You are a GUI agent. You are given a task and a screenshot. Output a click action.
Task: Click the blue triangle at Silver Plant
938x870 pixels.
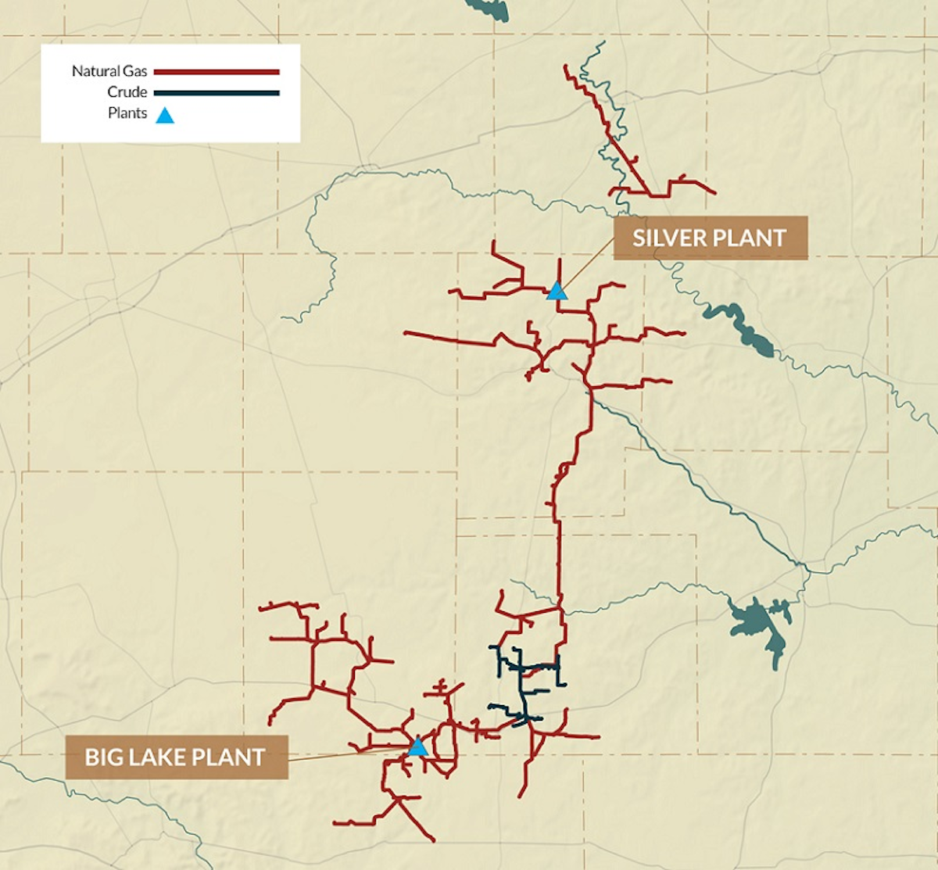pyautogui.click(x=556, y=292)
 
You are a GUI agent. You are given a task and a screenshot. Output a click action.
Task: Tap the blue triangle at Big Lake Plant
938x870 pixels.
pyautogui.click(x=417, y=747)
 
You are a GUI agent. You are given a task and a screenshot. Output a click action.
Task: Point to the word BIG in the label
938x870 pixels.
pyautogui.click(x=102, y=757)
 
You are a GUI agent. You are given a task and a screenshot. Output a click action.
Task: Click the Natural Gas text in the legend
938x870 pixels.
pyautogui.click(x=109, y=71)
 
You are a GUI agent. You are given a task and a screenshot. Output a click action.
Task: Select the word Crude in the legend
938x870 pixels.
pyautogui.click(x=127, y=92)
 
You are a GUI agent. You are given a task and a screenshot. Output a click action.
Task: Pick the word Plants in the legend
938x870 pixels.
pyautogui.click(x=127, y=113)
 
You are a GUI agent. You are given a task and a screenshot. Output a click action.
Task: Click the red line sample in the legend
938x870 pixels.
pyautogui.click(x=217, y=72)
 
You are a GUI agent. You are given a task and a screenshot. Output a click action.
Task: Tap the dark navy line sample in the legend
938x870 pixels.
pyautogui.click(x=217, y=93)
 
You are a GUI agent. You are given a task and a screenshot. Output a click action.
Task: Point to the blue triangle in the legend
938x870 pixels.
pyautogui.click(x=164, y=116)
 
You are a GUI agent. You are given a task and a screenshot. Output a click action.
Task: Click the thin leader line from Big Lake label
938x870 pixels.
pyautogui.click(x=344, y=754)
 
